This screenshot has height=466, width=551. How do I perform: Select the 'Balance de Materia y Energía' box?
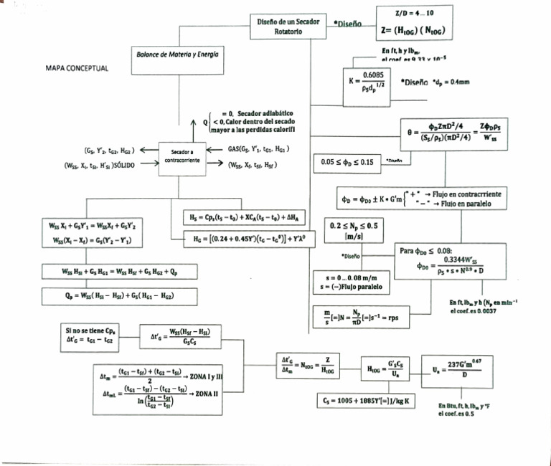tap(178, 54)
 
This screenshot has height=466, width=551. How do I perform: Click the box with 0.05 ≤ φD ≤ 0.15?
tap(349, 162)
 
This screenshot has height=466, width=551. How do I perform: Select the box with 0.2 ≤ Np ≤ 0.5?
tap(353, 231)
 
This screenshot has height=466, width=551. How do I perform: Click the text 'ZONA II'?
tap(209, 394)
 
